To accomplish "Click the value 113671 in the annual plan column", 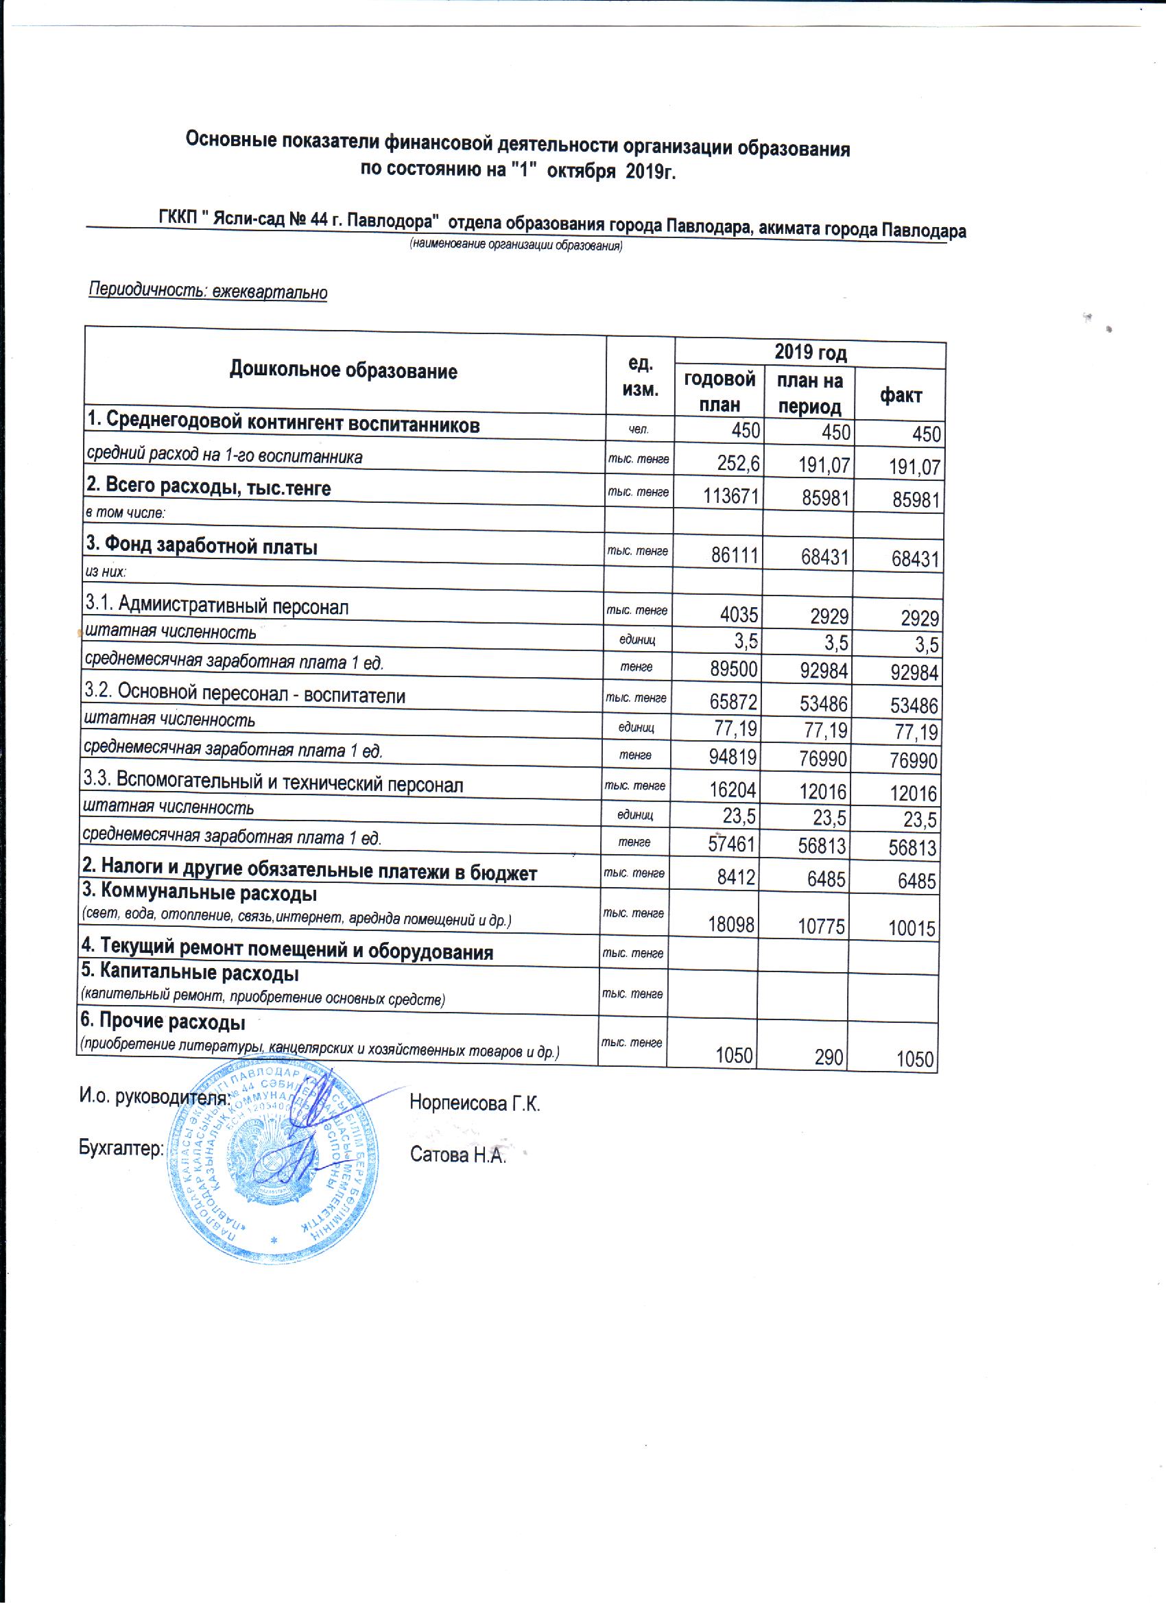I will coord(730,497).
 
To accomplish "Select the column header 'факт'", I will coord(900,395).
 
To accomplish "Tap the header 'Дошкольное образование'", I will coord(343,370).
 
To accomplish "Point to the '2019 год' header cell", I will coord(809,352).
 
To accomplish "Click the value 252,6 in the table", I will coord(738,464).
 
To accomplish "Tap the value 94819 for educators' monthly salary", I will coord(733,757).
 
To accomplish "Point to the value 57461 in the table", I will coord(731,845).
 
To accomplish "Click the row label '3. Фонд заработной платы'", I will coord(202,547).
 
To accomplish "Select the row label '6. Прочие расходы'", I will coord(163,1022).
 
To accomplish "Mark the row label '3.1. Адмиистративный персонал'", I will coord(216,605).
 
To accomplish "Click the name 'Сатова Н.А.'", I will coord(458,1155).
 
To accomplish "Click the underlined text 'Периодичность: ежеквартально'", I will coord(207,291).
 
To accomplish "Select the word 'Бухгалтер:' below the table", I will coord(121,1148).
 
